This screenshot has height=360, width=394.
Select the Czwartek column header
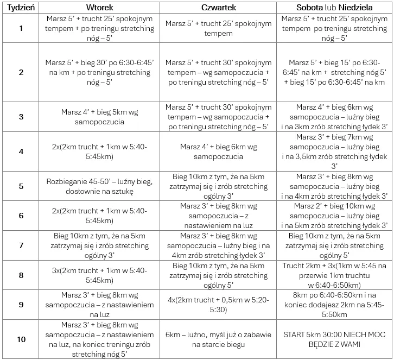pyautogui.click(x=218, y=8)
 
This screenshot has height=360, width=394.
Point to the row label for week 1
pyautogui.click(x=21, y=28)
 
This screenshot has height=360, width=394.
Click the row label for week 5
pyautogui.click(x=21, y=186)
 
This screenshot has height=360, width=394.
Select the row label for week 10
pyautogui.click(x=21, y=339)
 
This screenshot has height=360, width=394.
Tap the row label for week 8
pyautogui.click(x=21, y=275)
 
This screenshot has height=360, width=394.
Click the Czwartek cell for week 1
pyautogui.click(x=218, y=28)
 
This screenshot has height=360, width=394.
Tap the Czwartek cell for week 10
pyautogui.click(x=218, y=339)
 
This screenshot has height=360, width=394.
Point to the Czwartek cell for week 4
pyautogui.click(x=218, y=151)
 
